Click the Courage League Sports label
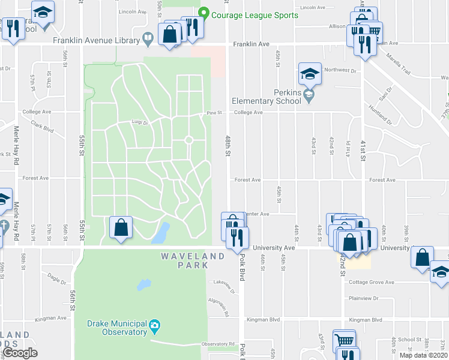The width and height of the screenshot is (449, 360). click(x=255, y=15)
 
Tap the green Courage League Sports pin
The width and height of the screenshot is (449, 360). click(x=203, y=13)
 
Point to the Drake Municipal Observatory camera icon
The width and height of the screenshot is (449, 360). click(x=154, y=326)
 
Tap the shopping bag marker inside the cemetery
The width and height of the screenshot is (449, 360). click(x=121, y=227)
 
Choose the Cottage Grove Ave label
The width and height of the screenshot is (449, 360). click(x=372, y=283)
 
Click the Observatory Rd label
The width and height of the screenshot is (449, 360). click(x=218, y=344)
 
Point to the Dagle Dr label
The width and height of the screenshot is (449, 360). click(x=57, y=279)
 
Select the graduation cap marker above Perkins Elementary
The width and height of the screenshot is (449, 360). click(x=309, y=74)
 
